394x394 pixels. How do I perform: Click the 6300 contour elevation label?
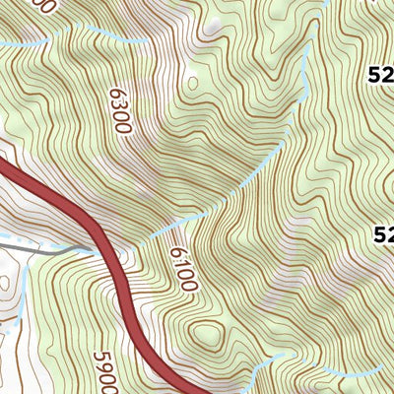point(117,109)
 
